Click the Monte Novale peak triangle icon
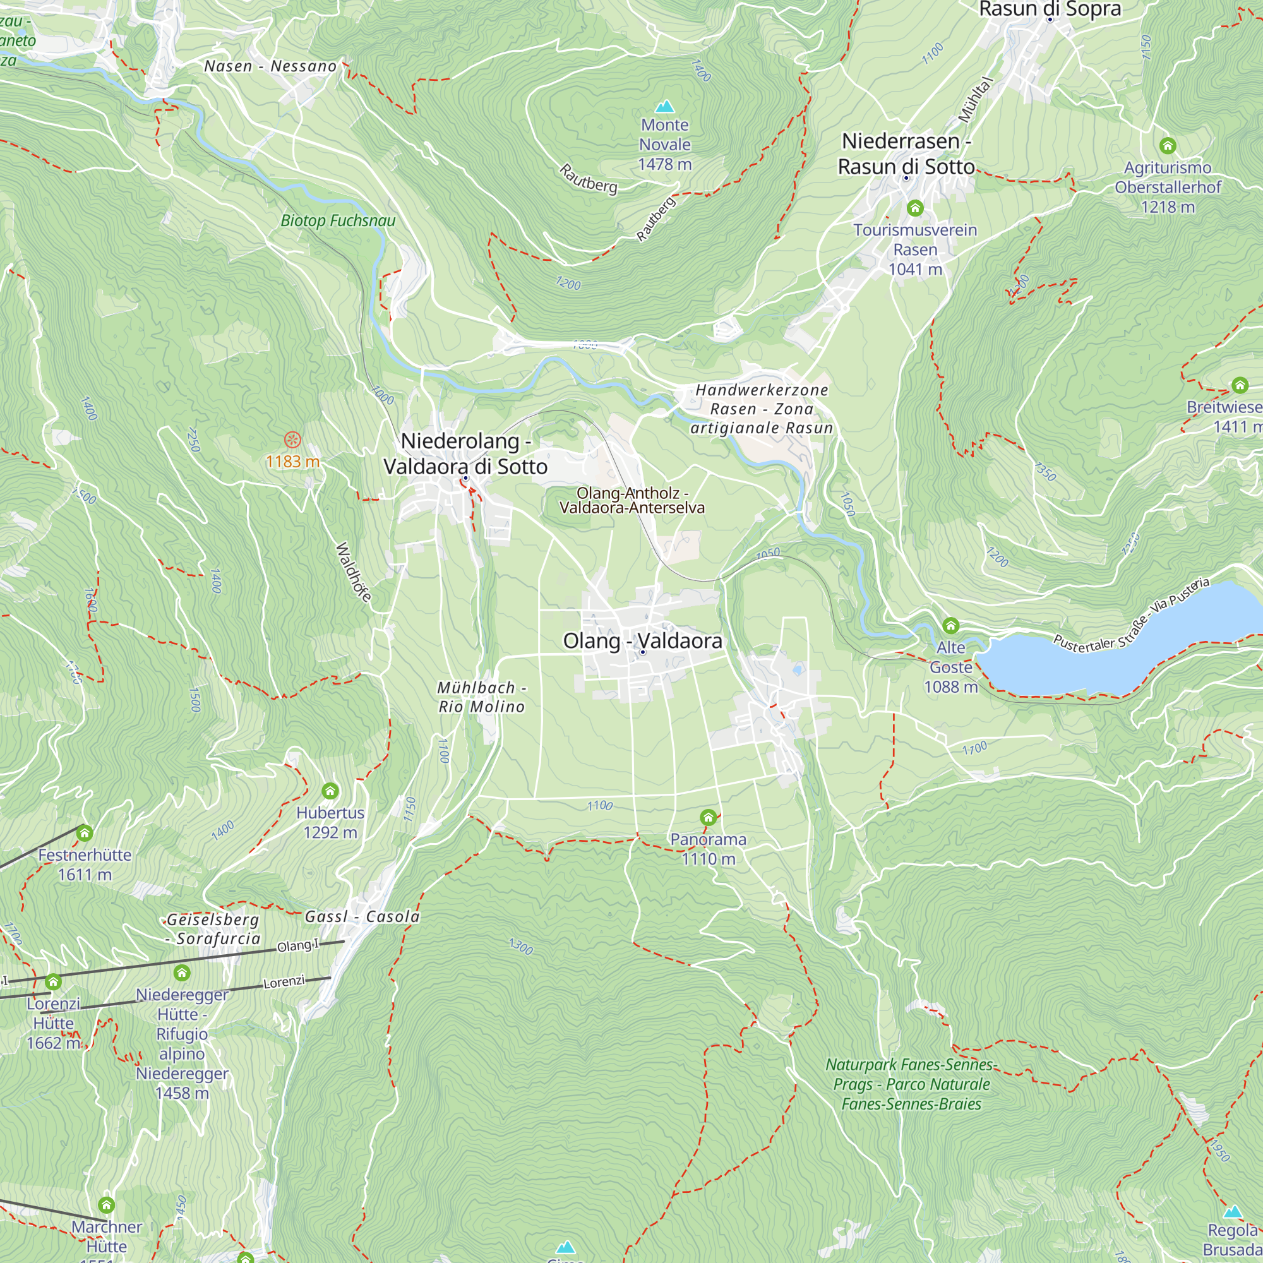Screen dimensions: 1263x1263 pos(665,106)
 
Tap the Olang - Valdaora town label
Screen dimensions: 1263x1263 pos(643,640)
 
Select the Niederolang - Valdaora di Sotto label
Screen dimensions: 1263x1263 pos(465,453)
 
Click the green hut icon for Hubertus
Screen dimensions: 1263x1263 pos(330,791)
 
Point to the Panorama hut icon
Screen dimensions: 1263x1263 pos(708,817)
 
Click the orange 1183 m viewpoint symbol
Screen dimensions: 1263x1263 pos(292,440)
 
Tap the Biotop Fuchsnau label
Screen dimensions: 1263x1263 pos(338,221)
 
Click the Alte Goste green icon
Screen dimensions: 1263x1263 pos(950,626)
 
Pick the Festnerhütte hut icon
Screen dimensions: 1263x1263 pos(85,833)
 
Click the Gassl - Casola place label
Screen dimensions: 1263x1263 pos(362,916)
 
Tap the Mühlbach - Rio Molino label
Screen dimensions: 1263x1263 pos(482,697)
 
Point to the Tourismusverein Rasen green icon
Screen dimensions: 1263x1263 pos(915,208)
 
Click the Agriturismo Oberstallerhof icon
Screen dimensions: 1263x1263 pos(1168,145)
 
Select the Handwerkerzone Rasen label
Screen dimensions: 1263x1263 pos(762,409)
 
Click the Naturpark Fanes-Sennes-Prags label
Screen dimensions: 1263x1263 pos(911,1084)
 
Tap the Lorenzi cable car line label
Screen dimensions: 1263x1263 pos(284,982)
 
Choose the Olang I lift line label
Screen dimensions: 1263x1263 pos(298,945)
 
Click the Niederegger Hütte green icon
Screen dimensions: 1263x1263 pos(182,973)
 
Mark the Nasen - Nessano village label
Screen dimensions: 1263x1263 pos(270,66)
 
